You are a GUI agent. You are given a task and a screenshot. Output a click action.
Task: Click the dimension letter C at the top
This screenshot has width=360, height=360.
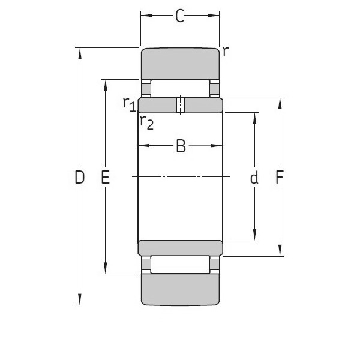[179, 16]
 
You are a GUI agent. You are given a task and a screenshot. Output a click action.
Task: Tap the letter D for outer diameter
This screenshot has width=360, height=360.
[79, 178]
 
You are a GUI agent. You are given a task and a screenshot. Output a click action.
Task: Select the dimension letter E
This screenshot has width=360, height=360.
[106, 178]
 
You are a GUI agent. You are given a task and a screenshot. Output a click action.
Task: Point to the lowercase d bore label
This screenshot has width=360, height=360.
[254, 178]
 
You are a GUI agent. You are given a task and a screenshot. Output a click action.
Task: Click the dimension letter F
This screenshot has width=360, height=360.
[280, 178]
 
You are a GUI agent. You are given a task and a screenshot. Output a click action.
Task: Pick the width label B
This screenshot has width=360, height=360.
[181, 146]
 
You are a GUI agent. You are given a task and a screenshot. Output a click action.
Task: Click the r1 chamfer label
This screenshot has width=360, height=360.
[129, 104]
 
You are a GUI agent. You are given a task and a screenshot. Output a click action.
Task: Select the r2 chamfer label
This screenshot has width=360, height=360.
[146, 122]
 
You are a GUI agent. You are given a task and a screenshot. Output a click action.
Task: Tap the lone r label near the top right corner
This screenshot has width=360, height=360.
[225, 52]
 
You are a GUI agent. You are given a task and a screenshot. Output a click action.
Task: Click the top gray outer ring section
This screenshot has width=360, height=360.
[180, 62]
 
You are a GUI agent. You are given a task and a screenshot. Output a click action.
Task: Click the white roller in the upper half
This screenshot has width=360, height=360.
[180, 88]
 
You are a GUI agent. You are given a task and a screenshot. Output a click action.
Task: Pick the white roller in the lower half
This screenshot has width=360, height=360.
[180, 264]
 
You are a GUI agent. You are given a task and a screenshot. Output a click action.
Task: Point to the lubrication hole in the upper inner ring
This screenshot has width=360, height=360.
[180, 105]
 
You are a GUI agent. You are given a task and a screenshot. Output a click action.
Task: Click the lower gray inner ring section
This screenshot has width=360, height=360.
[180, 247]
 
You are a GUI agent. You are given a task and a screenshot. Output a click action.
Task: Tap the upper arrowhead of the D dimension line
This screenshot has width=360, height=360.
[79, 53]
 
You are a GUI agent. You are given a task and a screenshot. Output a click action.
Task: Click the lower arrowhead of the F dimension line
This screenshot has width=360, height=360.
[280, 252]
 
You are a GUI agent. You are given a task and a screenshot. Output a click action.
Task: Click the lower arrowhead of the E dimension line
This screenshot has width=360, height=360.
[106, 269]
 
